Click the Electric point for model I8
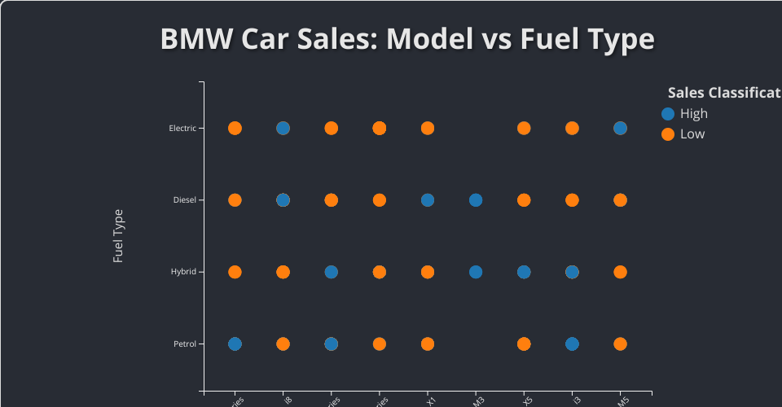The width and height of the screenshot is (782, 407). point(283,128)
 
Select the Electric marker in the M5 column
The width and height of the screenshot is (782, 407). point(620,128)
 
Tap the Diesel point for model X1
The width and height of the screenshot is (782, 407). point(427,199)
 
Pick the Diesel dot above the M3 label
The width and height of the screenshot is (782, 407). point(476,199)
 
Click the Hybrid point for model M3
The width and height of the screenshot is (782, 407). point(476,272)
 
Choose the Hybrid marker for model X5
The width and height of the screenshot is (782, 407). point(524,272)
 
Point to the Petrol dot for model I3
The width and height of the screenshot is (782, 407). point(572,344)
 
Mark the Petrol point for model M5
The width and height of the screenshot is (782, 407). point(620,344)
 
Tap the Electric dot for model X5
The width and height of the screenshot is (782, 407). point(524,128)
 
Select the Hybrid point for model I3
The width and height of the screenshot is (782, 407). point(572,272)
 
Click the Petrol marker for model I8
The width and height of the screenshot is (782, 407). point(283,344)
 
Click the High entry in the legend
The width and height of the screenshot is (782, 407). point(693,114)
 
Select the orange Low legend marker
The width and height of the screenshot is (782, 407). point(668,133)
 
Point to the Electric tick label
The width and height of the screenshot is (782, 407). point(182,128)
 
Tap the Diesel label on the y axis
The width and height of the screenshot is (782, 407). point(184,199)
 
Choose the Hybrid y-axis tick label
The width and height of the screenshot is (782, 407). point(183,272)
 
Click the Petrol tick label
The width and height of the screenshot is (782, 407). point(184,344)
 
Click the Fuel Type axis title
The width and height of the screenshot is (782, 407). point(118,236)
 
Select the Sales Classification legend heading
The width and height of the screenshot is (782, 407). point(723,92)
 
